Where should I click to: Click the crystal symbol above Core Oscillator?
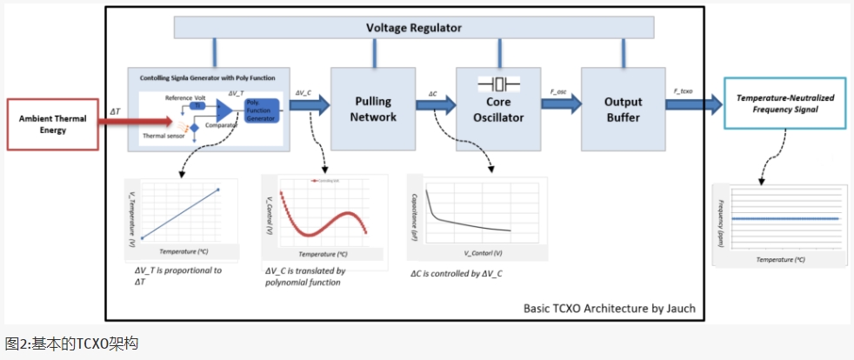pos(498,83)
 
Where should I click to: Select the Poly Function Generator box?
pos(262,111)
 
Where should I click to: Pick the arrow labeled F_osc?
pos(561,103)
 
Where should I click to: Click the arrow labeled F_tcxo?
pos(693,104)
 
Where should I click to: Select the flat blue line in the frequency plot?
pos(784,218)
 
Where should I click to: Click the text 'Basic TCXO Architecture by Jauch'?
pos(609,308)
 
